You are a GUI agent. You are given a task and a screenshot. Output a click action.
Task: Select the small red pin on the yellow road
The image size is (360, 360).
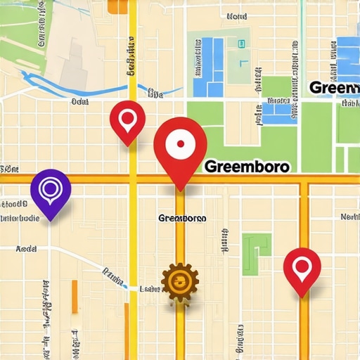(127, 121)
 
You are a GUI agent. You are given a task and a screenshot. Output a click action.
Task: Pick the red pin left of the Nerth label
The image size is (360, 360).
(302, 269)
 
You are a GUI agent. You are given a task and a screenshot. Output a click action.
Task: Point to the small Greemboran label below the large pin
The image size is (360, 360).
(183, 218)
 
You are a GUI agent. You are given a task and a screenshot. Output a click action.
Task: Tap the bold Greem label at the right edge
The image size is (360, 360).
(334, 88)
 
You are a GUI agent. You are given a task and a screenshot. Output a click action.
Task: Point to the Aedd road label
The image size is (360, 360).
(26, 249)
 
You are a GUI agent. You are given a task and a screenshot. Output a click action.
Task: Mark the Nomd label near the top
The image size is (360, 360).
(238, 15)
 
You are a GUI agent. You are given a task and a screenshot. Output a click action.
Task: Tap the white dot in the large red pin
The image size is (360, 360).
(180, 143)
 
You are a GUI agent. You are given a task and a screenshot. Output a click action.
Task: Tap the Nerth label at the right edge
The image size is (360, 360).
(349, 217)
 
